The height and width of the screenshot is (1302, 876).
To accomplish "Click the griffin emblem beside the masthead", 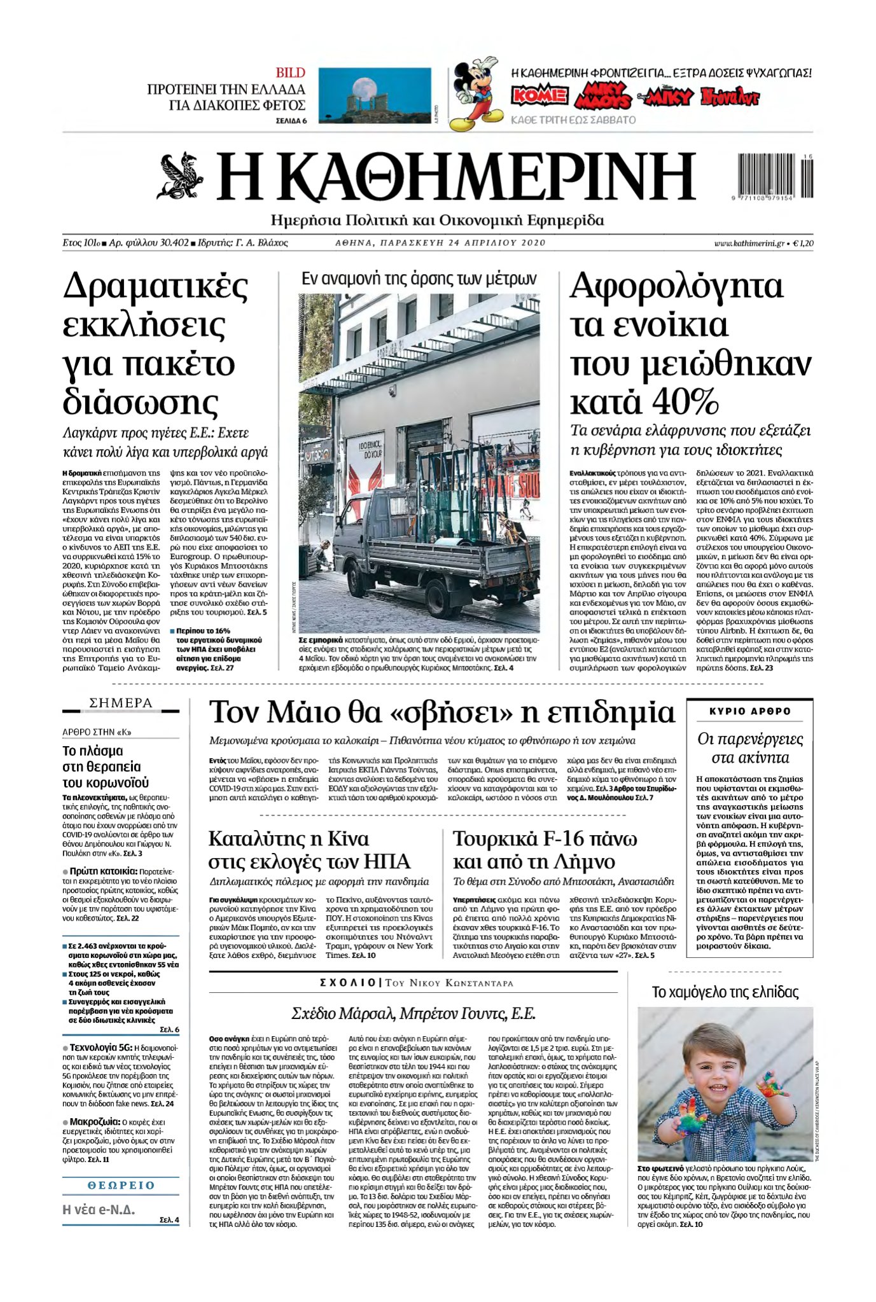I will coord(180,176).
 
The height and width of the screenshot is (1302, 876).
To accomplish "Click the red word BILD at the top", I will coord(290,73).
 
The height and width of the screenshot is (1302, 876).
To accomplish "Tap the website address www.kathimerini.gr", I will coord(749,243).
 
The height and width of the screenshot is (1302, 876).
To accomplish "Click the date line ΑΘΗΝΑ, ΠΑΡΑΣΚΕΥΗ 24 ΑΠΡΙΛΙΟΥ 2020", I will coord(440,243).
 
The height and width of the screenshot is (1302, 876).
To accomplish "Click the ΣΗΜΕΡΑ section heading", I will coord(121,703).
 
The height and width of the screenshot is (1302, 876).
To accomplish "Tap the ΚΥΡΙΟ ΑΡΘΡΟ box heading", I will coord(750,711).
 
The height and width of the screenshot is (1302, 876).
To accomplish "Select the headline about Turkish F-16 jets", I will coord(545,850).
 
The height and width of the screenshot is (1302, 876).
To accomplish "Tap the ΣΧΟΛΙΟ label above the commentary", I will coord(348,983).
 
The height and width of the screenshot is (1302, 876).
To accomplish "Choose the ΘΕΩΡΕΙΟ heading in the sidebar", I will coord(121,1186).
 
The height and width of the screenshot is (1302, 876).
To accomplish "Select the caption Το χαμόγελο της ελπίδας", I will coord(725,992).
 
